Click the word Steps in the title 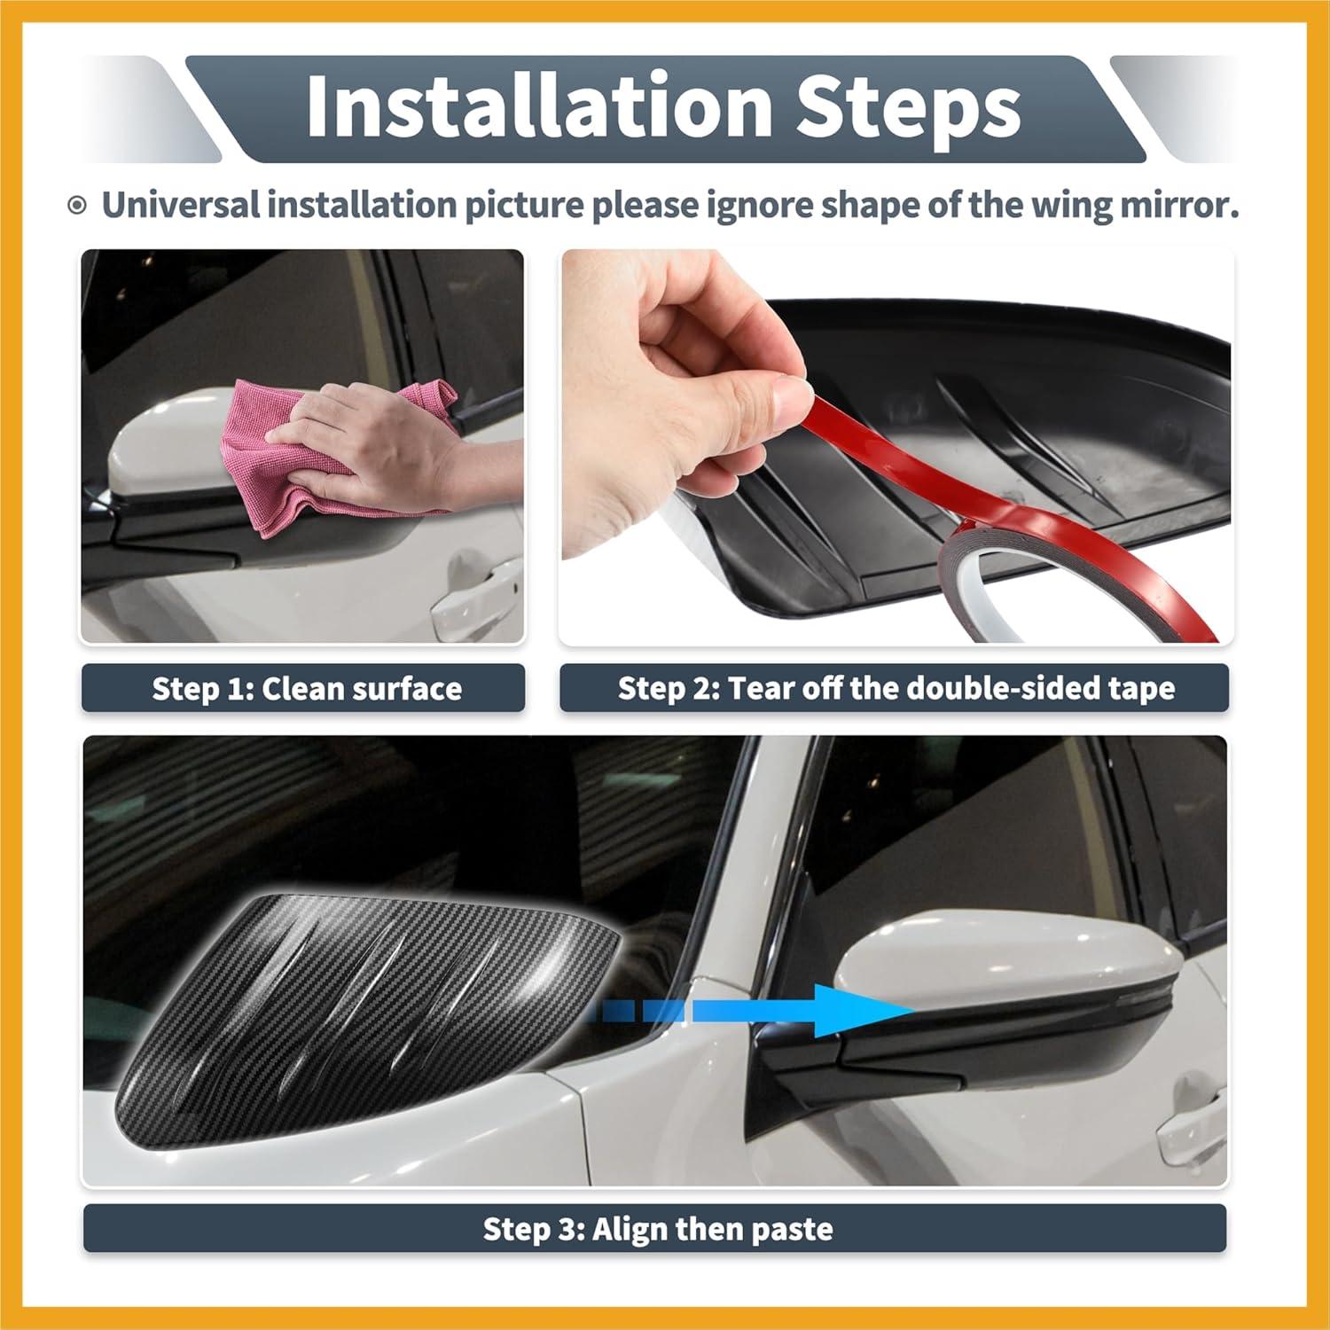tap(907, 108)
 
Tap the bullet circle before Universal tap(78, 207)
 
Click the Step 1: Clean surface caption tap(306, 689)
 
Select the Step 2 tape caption tap(896, 688)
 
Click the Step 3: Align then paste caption tap(656, 1229)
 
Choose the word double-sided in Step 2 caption tap(1005, 688)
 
